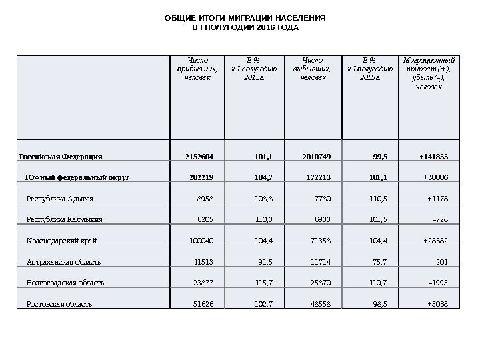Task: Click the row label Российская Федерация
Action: [60, 157]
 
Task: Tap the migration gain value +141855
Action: [434, 157]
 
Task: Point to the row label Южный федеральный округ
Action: [77, 178]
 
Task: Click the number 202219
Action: [202, 178]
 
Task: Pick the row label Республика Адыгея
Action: [59, 199]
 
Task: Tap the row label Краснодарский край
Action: [65, 241]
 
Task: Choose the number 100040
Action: [202, 241]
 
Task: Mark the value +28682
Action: [435, 241]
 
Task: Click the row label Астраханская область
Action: [67, 262]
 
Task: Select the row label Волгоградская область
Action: [65, 283]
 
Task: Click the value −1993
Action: [438, 283]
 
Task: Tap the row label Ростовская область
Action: [59, 304]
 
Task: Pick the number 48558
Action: [317, 304]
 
